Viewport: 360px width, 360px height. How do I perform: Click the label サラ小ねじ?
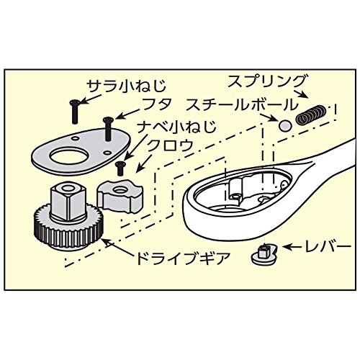click(x=126, y=87)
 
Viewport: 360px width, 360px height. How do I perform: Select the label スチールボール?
click(x=240, y=104)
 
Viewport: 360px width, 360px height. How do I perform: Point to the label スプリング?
click(x=267, y=81)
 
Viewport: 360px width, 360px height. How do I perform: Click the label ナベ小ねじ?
click(x=176, y=127)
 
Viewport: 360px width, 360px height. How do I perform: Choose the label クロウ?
click(x=170, y=145)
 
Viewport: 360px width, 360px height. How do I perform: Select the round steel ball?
click(x=285, y=125)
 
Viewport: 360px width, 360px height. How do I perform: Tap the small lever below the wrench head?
click(x=264, y=254)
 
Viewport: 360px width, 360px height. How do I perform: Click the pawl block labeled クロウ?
click(x=120, y=196)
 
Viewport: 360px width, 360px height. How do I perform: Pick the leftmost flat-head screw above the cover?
click(x=74, y=112)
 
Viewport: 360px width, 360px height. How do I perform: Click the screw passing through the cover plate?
click(x=107, y=130)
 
